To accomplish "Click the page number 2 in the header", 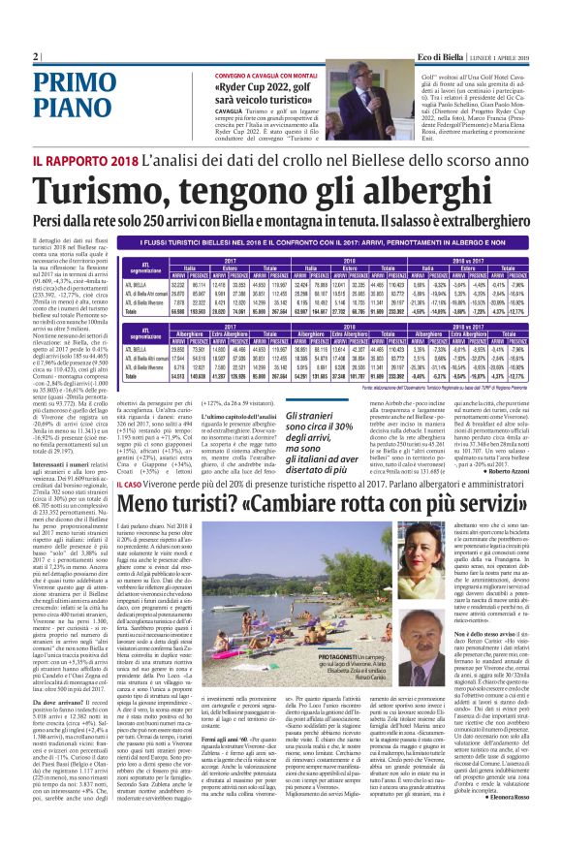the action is (36, 56).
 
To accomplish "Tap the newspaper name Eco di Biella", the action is (432, 57).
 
